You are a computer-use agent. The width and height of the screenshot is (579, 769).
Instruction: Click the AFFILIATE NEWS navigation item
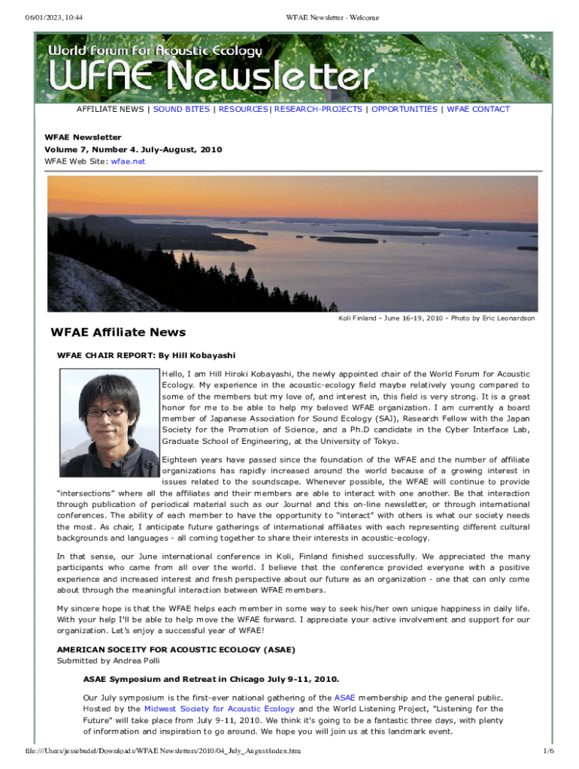(110, 110)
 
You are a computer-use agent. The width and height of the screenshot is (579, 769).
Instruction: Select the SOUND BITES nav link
(181, 110)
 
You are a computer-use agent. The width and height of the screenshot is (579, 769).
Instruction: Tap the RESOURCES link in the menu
(243, 110)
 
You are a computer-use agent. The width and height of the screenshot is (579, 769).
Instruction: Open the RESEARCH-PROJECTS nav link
(318, 110)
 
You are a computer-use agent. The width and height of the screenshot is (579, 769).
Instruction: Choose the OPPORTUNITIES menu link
(404, 110)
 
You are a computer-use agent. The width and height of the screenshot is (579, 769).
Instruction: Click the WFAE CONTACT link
(478, 110)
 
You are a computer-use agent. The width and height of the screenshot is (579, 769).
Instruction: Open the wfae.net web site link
(128, 161)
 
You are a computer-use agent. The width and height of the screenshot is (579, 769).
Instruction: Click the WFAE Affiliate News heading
(118, 333)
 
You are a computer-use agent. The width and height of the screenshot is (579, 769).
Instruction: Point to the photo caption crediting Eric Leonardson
(436, 318)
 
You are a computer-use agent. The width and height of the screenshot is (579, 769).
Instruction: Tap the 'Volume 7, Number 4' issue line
(133, 149)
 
